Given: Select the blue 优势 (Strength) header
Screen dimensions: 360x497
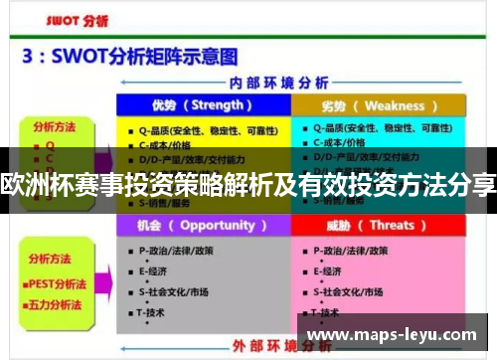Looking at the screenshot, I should tap(202, 105).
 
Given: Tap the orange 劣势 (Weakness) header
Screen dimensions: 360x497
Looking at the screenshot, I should tap(379, 105).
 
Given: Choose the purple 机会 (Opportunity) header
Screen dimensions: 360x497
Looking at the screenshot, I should tap(202, 226).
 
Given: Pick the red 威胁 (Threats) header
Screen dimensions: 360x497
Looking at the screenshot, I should tap(378, 226).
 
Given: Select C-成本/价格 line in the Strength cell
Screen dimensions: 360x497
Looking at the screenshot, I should tap(169, 144).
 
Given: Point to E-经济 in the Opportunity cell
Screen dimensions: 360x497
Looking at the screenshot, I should tap(153, 270).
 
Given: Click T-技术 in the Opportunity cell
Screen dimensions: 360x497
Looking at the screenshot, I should tap(152, 312).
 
